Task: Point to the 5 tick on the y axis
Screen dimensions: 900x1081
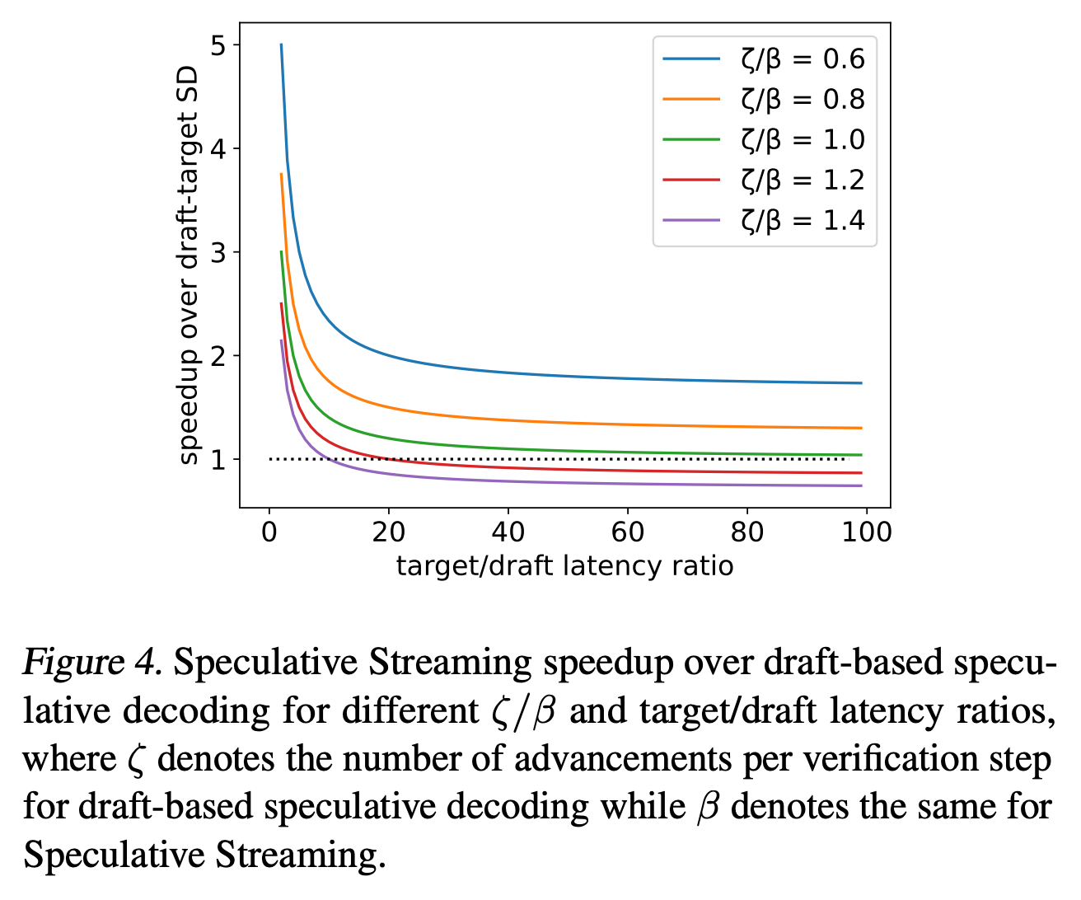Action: (x=218, y=45)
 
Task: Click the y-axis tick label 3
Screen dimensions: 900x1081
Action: (x=218, y=253)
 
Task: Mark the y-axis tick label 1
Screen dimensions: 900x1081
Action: (x=218, y=460)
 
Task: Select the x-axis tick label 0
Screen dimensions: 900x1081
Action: (x=269, y=532)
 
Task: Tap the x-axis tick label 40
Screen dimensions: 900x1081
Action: (x=508, y=532)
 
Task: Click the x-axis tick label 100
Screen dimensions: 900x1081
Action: (x=867, y=532)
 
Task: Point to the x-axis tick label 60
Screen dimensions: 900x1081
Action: (x=628, y=532)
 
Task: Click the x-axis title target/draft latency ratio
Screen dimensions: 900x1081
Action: (x=564, y=567)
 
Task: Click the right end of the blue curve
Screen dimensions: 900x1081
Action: (x=861, y=383)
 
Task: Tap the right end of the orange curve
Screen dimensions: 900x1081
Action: (x=861, y=428)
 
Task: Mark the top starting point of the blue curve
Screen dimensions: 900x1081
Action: (x=281, y=45)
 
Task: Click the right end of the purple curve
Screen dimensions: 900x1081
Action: (x=861, y=485)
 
